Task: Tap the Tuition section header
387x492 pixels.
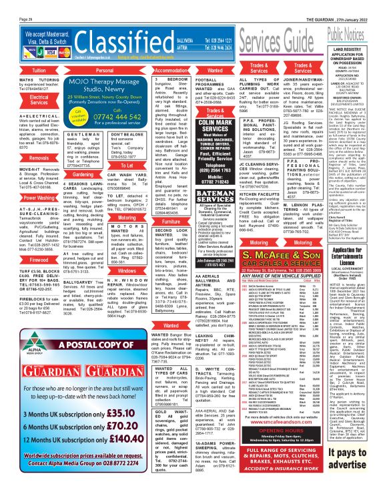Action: point(21,69)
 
